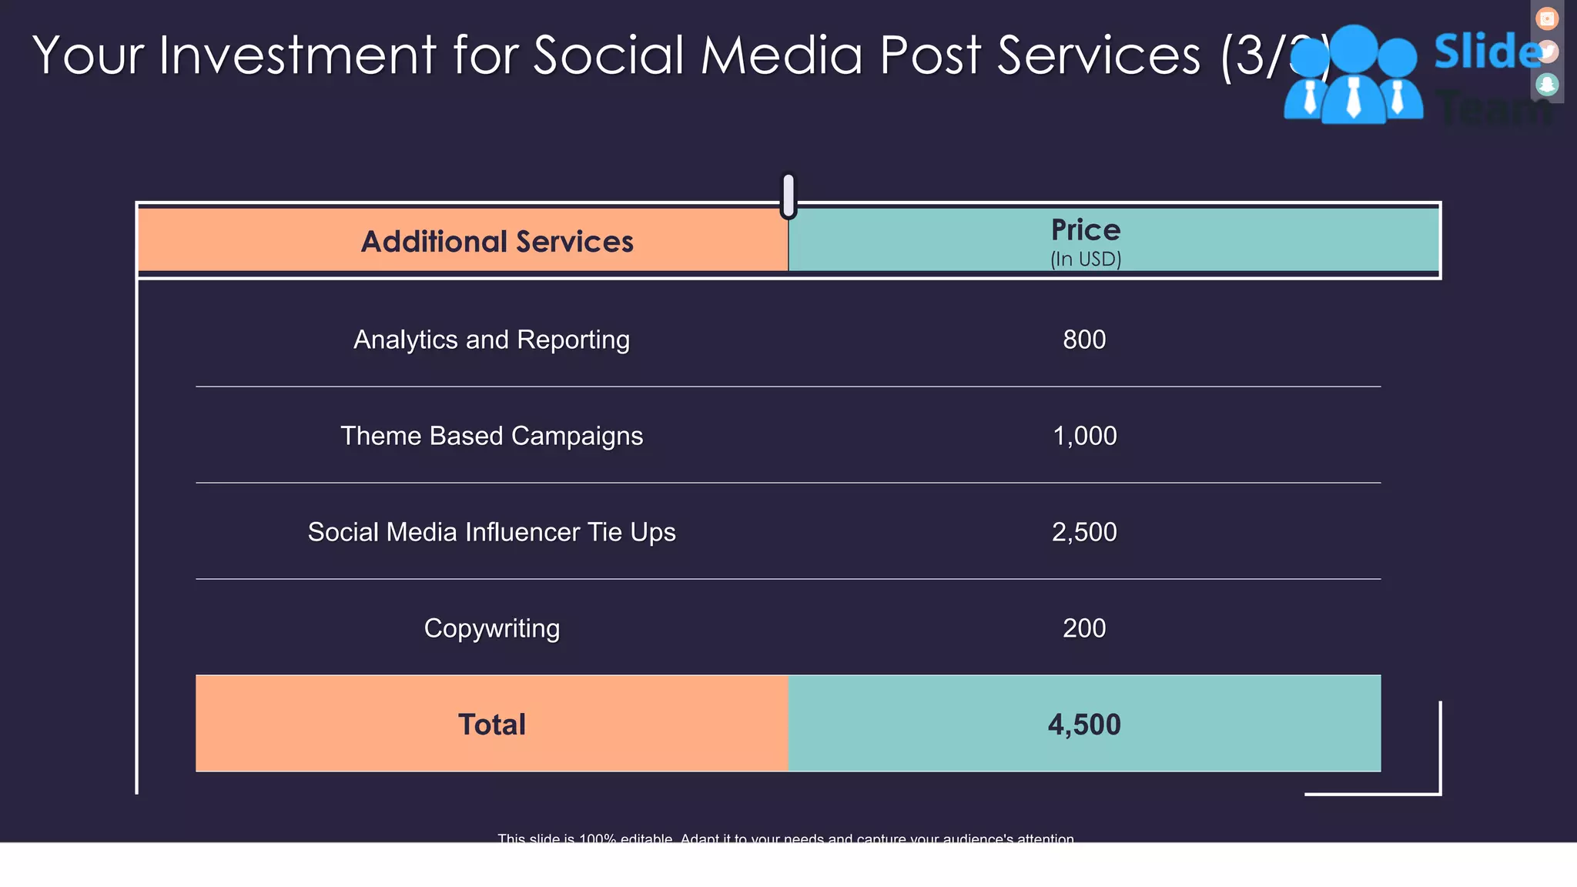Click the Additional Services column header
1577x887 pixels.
497,242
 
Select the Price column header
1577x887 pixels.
1085,230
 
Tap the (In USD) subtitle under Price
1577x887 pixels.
1085,259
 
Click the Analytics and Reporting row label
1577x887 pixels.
491,340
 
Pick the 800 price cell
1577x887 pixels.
1084,340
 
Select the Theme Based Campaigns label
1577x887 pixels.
491,436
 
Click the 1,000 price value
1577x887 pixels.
1084,436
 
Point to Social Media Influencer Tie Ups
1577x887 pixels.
491,532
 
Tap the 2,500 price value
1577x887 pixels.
1084,532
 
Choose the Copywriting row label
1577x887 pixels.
491,628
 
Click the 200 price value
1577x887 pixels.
1084,628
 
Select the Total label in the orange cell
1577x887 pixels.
491,725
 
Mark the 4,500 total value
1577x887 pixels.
1084,725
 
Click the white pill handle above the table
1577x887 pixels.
788,195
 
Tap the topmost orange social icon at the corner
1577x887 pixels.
1547,18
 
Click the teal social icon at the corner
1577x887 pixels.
1547,84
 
